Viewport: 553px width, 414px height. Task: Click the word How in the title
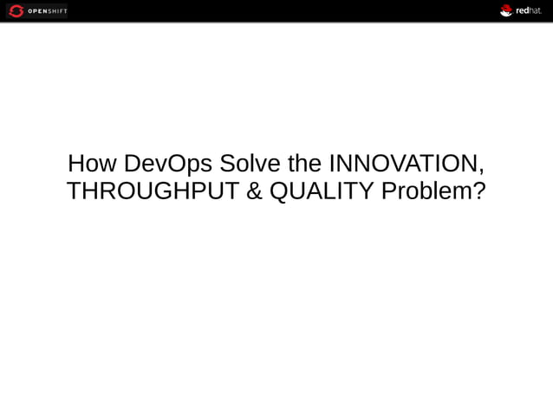coord(92,163)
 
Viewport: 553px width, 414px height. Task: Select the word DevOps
coord(167,163)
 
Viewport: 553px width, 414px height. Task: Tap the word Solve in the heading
coord(247,163)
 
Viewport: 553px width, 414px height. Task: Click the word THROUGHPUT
coord(153,191)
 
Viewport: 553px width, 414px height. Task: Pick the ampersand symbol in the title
coord(254,191)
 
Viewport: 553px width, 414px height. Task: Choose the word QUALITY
coord(322,191)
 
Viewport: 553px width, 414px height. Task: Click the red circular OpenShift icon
coord(16,11)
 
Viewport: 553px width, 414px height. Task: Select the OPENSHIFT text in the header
coord(48,11)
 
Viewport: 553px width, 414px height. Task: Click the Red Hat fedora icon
coord(506,10)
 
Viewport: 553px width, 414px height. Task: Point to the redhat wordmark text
coord(529,11)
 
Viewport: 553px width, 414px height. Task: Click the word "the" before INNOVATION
coord(304,163)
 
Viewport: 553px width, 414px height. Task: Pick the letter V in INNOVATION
coord(391,163)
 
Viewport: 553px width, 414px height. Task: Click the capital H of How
coord(76,163)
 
